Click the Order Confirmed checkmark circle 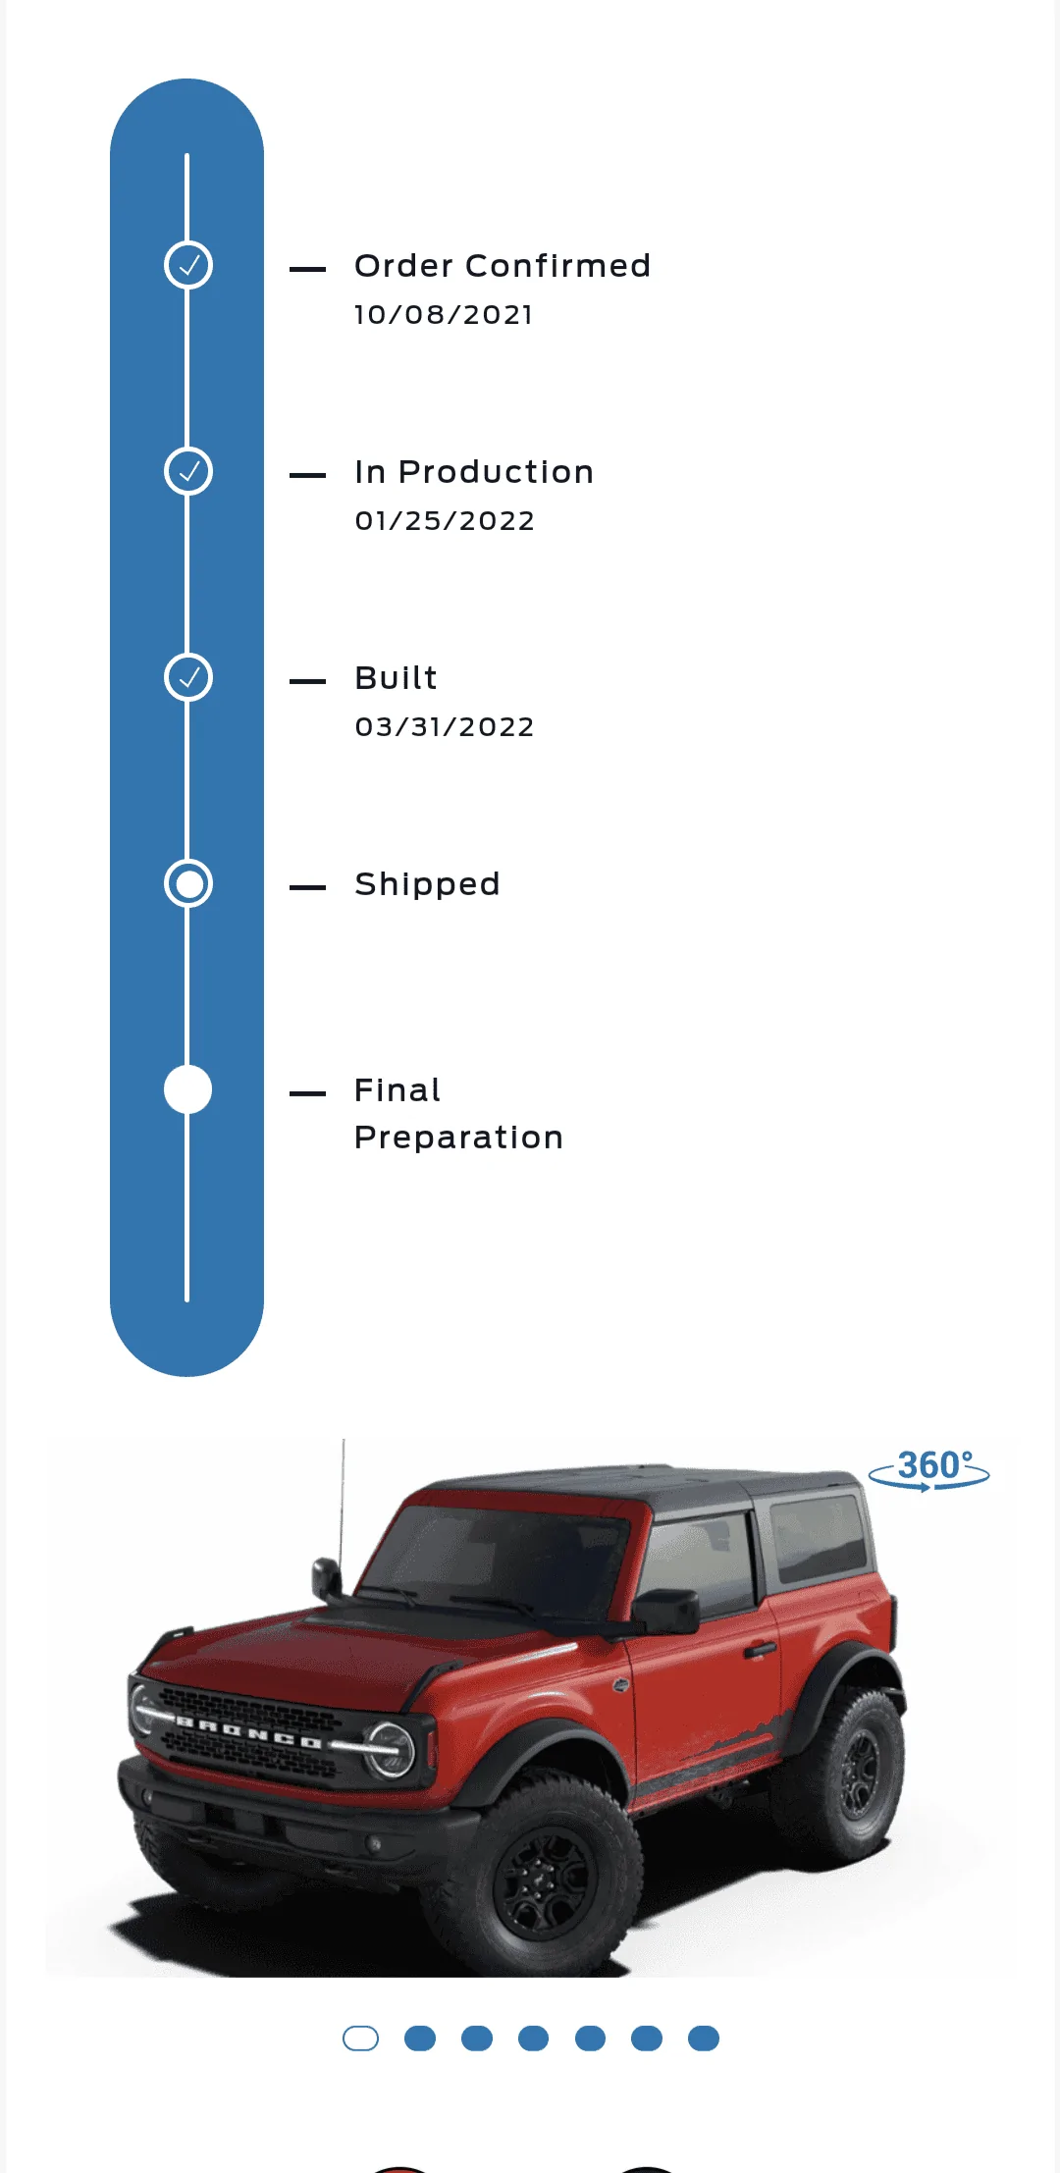pyautogui.click(x=188, y=265)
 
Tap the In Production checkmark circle pyautogui.click(x=188, y=471)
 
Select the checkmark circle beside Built pyautogui.click(x=188, y=677)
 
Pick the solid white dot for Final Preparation pyautogui.click(x=188, y=1089)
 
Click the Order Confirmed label pyautogui.click(x=503, y=266)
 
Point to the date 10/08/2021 pyautogui.click(x=444, y=315)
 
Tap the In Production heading pyautogui.click(x=474, y=472)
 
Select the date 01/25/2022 pyautogui.click(x=445, y=521)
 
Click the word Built pyautogui.click(x=396, y=678)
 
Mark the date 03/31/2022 pyautogui.click(x=445, y=727)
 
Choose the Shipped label pyautogui.click(x=427, y=885)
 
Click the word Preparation pyautogui.click(x=458, y=1138)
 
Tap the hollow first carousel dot pyautogui.click(x=360, y=2039)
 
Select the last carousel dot pyautogui.click(x=704, y=2039)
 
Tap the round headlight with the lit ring pyautogui.click(x=392, y=1750)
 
